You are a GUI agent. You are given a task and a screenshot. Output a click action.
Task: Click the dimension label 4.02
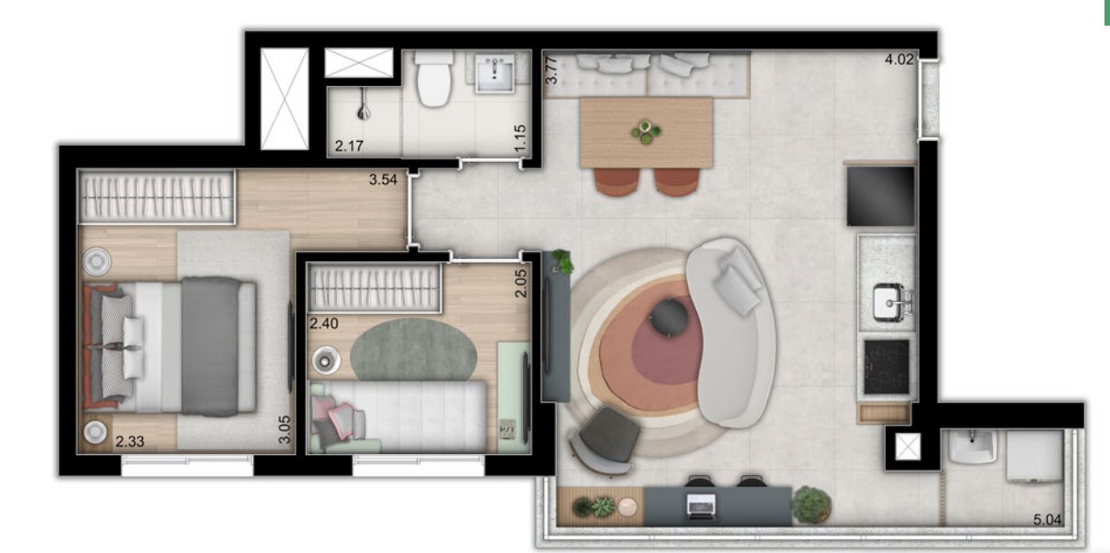tap(899, 61)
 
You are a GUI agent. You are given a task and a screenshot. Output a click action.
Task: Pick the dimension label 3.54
tap(383, 179)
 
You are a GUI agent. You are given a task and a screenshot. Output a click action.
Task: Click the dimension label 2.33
tap(130, 441)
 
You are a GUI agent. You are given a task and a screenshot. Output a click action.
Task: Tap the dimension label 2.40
tap(323, 322)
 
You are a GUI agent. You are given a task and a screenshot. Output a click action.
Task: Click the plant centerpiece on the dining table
tap(647, 132)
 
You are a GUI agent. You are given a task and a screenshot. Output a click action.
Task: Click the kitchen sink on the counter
tap(887, 300)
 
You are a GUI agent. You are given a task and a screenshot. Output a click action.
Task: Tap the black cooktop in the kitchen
tap(886, 366)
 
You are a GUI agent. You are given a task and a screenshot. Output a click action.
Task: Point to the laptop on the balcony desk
tap(701, 502)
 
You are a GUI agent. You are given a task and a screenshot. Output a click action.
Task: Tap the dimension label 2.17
tap(349, 146)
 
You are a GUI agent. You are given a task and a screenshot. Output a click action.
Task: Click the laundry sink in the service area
tap(971, 447)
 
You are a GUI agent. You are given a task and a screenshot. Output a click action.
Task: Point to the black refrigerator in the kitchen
tap(880, 196)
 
